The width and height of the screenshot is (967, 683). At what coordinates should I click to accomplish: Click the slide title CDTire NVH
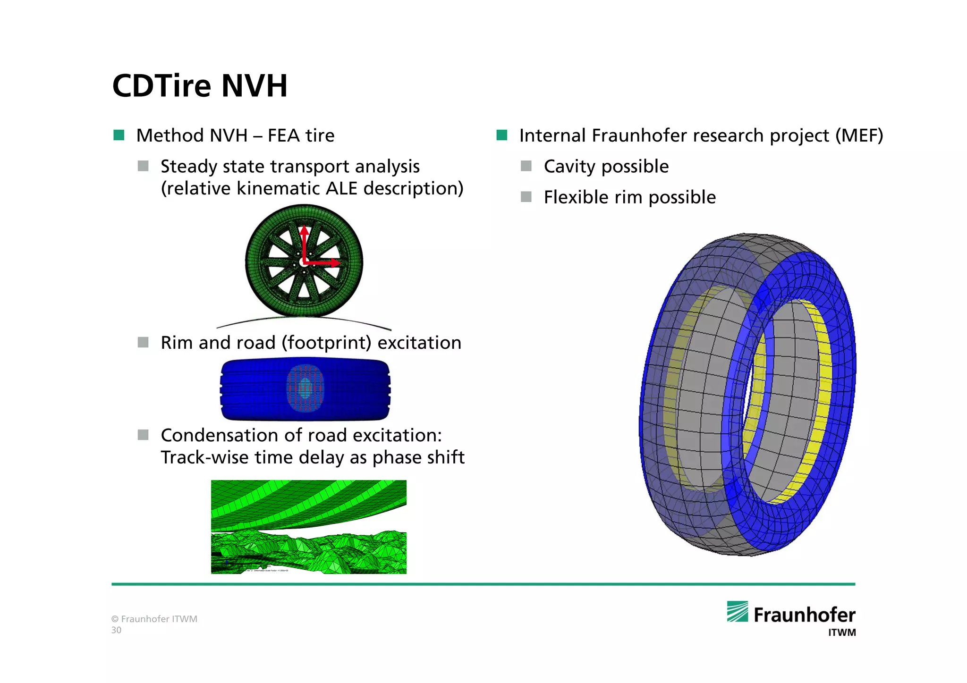pos(200,86)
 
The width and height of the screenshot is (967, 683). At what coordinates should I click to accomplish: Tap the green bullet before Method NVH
pos(119,135)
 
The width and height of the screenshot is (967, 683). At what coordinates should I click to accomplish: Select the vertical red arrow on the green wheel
pos(304,243)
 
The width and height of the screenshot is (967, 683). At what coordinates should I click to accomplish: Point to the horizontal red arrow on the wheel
pos(323,262)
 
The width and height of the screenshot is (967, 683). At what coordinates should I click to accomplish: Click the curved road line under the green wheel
pos(304,320)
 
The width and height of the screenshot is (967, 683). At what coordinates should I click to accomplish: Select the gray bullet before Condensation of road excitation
pos(143,435)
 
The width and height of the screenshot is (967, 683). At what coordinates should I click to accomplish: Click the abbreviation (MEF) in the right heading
pos(859,135)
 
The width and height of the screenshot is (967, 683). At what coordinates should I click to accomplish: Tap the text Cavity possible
pos(606,167)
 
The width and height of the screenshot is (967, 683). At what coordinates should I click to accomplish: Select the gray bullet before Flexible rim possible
pos(526,197)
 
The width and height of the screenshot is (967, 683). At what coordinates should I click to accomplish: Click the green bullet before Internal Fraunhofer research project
pos(501,135)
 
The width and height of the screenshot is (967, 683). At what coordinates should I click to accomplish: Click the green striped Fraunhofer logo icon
pos(737,611)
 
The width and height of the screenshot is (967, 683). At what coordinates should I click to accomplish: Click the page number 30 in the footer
pos(116,630)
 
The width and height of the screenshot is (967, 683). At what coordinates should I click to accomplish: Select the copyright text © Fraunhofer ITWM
pos(154,619)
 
